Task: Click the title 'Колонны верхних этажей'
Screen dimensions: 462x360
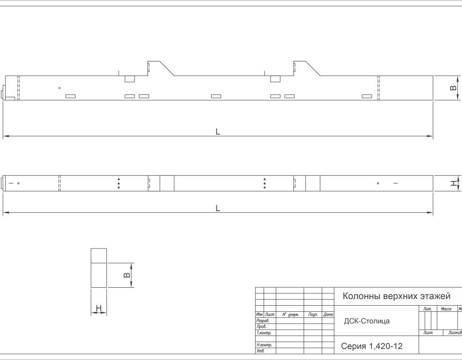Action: pyautogui.click(x=397, y=296)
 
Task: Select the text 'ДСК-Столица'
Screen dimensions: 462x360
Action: pyautogui.click(x=367, y=321)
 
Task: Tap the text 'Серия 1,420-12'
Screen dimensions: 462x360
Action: pyautogui.click(x=372, y=346)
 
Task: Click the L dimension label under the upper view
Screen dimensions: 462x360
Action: pyautogui.click(x=218, y=132)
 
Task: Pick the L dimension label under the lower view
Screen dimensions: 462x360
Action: pyautogui.click(x=218, y=208)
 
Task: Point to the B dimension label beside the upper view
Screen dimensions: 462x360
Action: pyautogui.click(x=453, y=88)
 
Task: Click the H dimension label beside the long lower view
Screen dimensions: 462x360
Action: pyautogui.click(x=454, y=183)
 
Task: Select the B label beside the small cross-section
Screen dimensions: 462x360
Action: pyautogui.click(x=127, y=275)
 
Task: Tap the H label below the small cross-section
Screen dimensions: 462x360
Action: pyautogui.click(x=99, y=308)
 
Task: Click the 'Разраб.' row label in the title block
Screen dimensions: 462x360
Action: pyautogui.click(x=263, y=320)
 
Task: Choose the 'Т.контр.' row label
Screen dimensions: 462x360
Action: pyautogui.click(x=264, y=333)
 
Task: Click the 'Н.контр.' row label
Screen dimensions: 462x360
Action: pyautogui.click(x=264, y=345)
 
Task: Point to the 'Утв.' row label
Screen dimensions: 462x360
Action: pyautogui.click(x=260, y=351)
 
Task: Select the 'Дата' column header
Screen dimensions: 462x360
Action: pyautogui.click(x=328, y=314)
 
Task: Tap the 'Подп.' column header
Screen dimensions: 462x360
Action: pyautogui.click(x=313, y=315)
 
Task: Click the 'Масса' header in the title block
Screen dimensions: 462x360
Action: pyautogui.click(x=446, y=309)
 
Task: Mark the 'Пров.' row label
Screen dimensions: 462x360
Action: pyautogui.click(x=261, y=326)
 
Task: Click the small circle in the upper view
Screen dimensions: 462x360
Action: pyautogui.click(x=60, y=88)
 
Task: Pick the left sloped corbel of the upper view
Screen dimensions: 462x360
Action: pyautogui.click(x=161, y=69)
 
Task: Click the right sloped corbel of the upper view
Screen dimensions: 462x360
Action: pyautogui.click(x=307, y=69)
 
